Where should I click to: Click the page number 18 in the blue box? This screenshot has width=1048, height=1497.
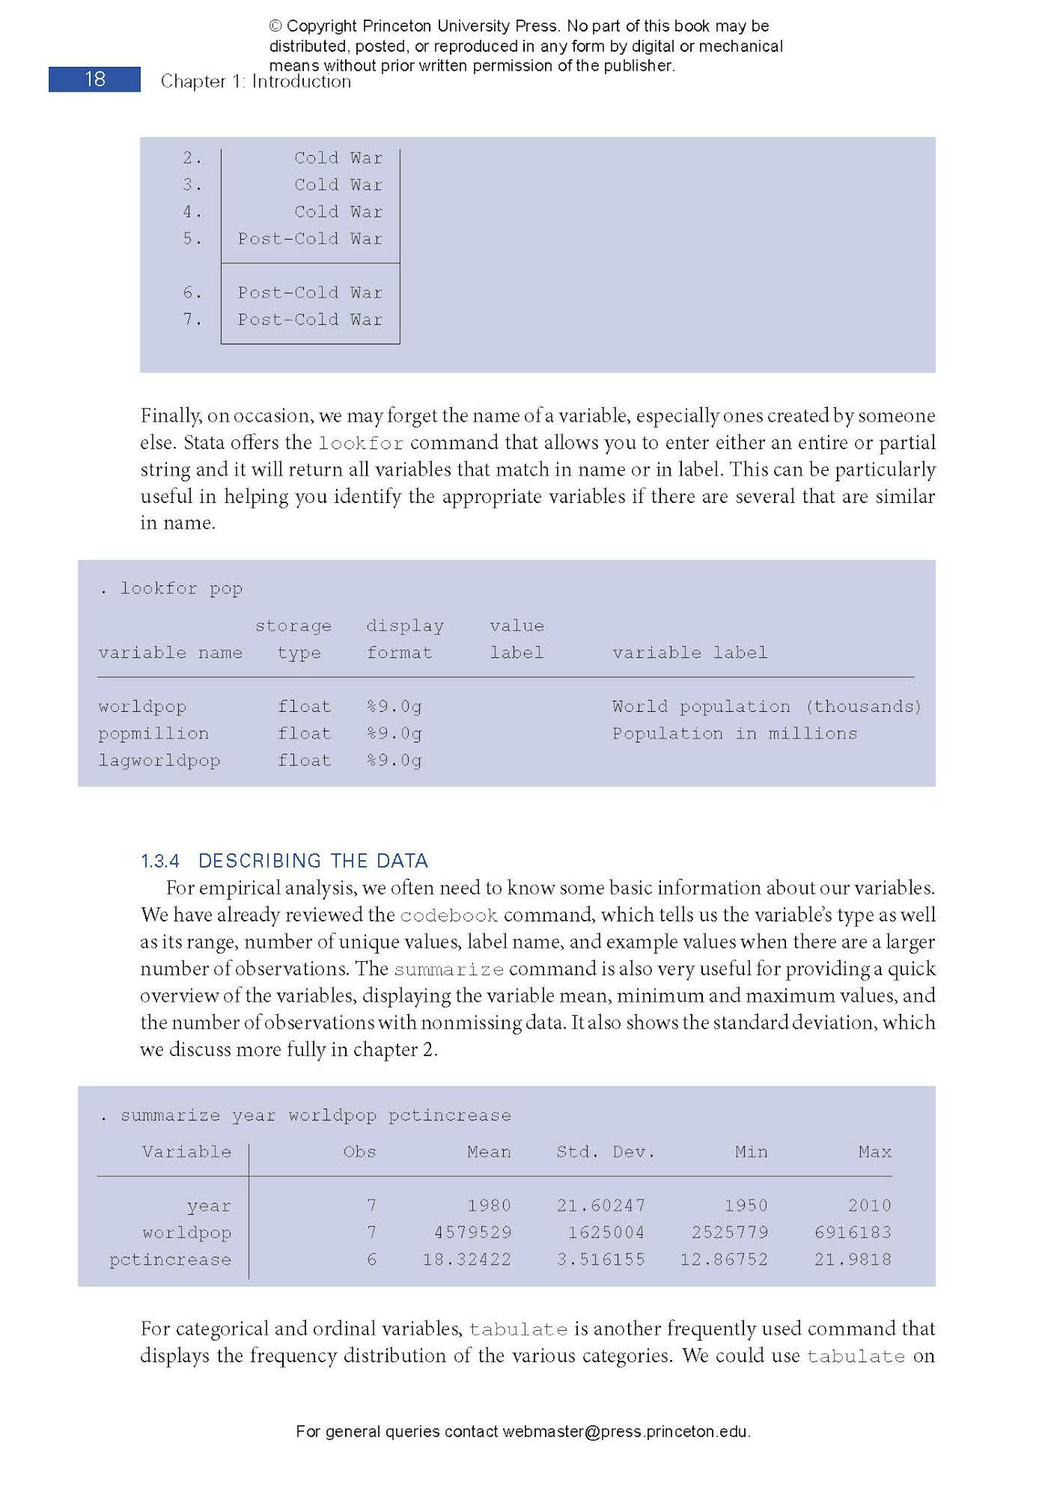95,80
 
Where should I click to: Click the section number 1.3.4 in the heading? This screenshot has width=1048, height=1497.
160,861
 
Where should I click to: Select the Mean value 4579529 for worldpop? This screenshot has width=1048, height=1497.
472,1232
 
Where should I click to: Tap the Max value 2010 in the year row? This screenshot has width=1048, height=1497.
869,1205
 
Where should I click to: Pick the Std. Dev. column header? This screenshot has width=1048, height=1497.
605,1151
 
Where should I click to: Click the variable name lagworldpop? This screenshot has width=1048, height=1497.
159,760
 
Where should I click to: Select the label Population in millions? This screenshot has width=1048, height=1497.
734,733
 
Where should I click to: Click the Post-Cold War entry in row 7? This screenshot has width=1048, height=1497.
310,319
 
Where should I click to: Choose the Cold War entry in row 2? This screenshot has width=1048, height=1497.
338,158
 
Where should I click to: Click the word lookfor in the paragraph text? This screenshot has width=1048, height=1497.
361,444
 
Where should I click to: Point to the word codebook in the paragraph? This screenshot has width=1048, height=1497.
449,916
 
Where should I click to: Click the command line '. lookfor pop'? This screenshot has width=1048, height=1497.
172,588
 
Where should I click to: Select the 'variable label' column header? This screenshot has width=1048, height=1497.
690,652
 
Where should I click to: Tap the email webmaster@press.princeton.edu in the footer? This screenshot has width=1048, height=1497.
625,1431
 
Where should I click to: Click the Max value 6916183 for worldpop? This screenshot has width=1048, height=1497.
852,1232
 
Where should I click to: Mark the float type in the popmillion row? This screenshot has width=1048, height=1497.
304,733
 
